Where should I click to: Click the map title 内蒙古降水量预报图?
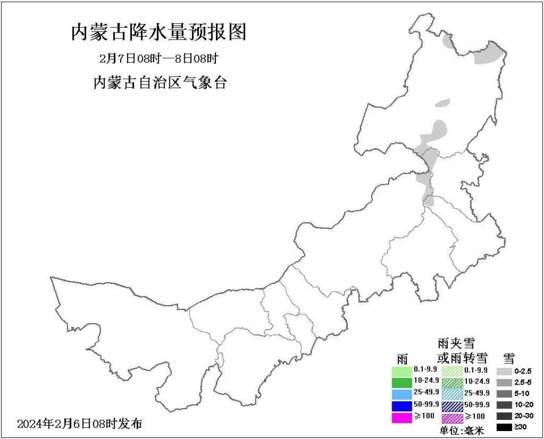coord(159,32)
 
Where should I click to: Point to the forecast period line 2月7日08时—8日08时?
coord(159,58)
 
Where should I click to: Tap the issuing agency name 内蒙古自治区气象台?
coord(159,83)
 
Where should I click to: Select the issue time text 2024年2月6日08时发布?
coord(80,423)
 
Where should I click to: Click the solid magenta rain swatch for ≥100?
coord(402,417)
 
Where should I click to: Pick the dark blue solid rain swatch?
coord(402,405)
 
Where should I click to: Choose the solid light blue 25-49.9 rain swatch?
coord(402,393)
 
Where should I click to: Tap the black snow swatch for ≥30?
coord(504,428)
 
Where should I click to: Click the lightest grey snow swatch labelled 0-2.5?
coord(504,371)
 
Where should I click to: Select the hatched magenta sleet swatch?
coord(452,418)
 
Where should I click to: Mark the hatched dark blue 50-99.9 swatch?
coord(452,406)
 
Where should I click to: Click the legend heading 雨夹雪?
coord(456,343)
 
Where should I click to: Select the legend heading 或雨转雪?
coord(462,358)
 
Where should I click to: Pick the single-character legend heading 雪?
coord(509,358)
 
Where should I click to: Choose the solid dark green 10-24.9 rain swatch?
coord(402,382)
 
